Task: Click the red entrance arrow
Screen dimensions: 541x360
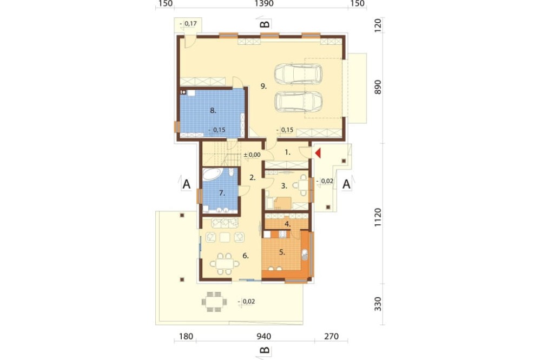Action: point(318,153)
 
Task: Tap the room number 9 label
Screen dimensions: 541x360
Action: point(263,86)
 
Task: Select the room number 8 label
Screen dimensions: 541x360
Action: point(213,111)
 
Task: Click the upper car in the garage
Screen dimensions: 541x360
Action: point(299,74)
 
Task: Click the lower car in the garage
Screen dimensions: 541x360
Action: point(299,102)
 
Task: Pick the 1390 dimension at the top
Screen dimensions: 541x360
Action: point(264,4)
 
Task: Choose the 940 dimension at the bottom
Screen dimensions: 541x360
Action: point(264,336)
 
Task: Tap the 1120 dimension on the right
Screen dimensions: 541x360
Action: point(378,217)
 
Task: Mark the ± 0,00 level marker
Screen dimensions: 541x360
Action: point(252,155)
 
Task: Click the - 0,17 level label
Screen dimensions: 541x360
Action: point(188,24)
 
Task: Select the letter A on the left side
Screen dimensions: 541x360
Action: point(186,184)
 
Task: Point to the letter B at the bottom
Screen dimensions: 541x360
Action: point(265,350)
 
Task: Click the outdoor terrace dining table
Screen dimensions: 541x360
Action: point(214,302)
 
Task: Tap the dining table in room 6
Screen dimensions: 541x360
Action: point(225,264)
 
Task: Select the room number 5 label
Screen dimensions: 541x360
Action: point(282,252)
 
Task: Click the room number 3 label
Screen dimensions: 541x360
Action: point(284,186)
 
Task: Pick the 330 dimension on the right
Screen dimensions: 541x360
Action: point(378,304)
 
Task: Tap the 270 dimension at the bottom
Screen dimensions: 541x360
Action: point(332,336)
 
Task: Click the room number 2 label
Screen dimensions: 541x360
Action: point(253,178)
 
